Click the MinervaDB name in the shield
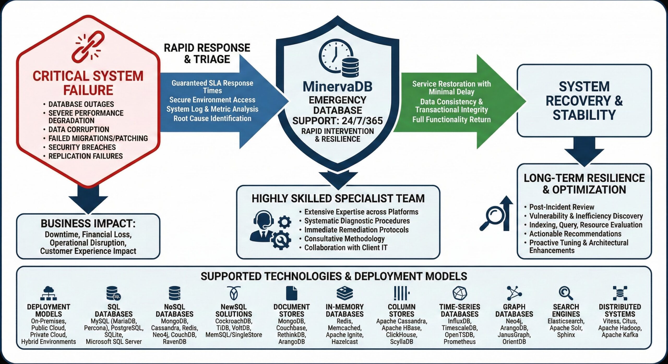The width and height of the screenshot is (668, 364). pyautogui.click(x=337, y=87)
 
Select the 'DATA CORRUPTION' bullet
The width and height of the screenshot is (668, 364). pyautogui.click(x=79, y=130)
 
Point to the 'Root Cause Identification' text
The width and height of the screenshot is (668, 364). pyautogui.click(x=212, y=118)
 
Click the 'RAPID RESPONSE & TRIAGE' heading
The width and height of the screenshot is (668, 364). pyautogui.click(x=207, y=53)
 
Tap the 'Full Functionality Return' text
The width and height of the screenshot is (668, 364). pyautogui.click(x=451, y=119)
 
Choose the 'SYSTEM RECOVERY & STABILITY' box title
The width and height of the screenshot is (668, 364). pyautogui.click(x=584, y=101)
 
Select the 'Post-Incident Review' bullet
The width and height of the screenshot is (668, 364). pyautogui.click(x=562, y=207)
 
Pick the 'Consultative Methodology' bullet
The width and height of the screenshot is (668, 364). pyautogui.click(x=344, y=239)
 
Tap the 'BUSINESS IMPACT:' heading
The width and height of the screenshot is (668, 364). pyautogui.click(x=88, y=224)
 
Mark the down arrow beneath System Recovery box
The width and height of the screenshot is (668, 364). pyautogui.click(x=584, y=152)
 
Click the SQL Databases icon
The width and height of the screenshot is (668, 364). pyautogui.click(x=113, y=293)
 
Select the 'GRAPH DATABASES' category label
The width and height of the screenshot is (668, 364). pyautogui.click(x=514, y=310)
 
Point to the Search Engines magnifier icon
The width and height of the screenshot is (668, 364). pyautogui.click(x=566, y=293)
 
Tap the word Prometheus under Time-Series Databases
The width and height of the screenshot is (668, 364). pyautogui.click(x=460, y=342)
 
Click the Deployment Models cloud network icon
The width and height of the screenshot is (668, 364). pyautogui.click(x=49, y=293)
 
